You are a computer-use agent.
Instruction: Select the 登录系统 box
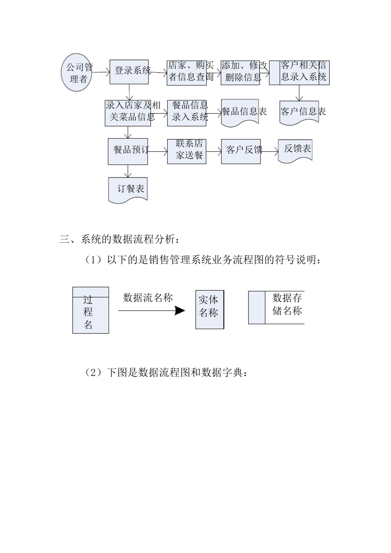129,72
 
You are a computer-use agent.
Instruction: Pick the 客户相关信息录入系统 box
299,73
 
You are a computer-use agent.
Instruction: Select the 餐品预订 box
128,151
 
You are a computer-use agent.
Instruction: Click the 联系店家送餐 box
186,151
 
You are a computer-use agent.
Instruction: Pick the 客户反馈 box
240,151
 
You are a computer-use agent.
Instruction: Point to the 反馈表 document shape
295,150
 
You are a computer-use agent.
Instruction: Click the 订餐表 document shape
128,190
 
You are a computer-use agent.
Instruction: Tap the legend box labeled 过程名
91,310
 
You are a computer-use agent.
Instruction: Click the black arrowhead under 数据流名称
180,311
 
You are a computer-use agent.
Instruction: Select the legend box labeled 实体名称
209,310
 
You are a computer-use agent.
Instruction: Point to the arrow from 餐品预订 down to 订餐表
129,171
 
